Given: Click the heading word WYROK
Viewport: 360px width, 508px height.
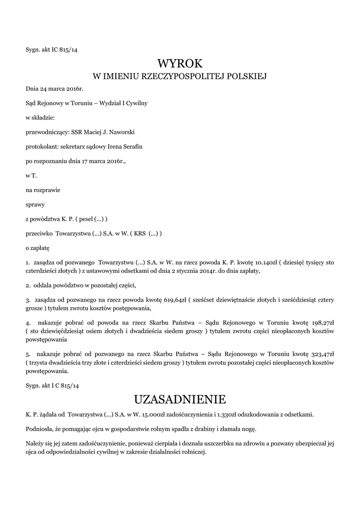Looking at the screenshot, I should tap(180, 63).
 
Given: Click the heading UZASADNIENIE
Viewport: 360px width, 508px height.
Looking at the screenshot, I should tap(180, 399).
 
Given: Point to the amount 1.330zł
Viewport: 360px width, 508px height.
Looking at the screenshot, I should tap(230, 414).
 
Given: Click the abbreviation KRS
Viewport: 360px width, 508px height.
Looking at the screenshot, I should tap(139, 233).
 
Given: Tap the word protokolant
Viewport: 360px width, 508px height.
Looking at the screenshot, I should tap(41, 147).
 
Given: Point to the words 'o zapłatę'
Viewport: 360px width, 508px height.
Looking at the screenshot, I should tap(38, 247).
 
